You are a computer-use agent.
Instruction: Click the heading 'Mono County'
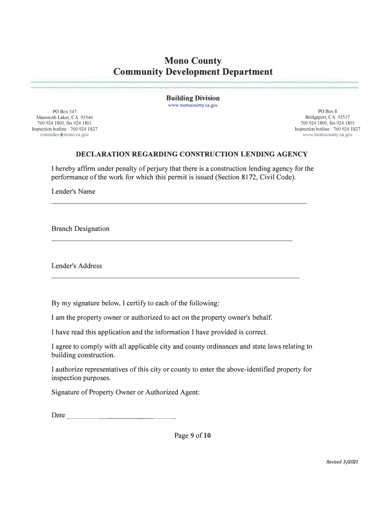tap(193, 61)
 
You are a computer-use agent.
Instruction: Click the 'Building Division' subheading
tap(193, 98)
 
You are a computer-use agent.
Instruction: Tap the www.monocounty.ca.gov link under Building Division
tap(193, 105)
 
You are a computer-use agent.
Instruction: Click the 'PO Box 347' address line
tap(65, 112)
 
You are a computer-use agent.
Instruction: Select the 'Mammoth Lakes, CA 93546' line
tap(65, 117)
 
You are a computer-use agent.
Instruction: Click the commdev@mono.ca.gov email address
tap(65, 135)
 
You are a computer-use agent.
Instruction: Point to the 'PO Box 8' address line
tap(328, 112)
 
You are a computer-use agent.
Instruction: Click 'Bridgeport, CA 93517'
tap(328, 117)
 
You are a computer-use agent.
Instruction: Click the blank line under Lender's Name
tap(179, 203)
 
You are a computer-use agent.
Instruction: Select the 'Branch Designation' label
tap(80, 229)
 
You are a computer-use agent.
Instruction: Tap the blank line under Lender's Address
tap(175, 278)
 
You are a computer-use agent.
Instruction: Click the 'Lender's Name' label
tap(73, 192)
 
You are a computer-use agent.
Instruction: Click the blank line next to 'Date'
tap(121, 418)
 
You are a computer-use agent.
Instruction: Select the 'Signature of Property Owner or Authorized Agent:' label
tap(126, 392)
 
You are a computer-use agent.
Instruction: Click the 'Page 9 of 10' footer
tap(193, 435)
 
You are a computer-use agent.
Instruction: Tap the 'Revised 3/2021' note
tap(342, 462)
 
